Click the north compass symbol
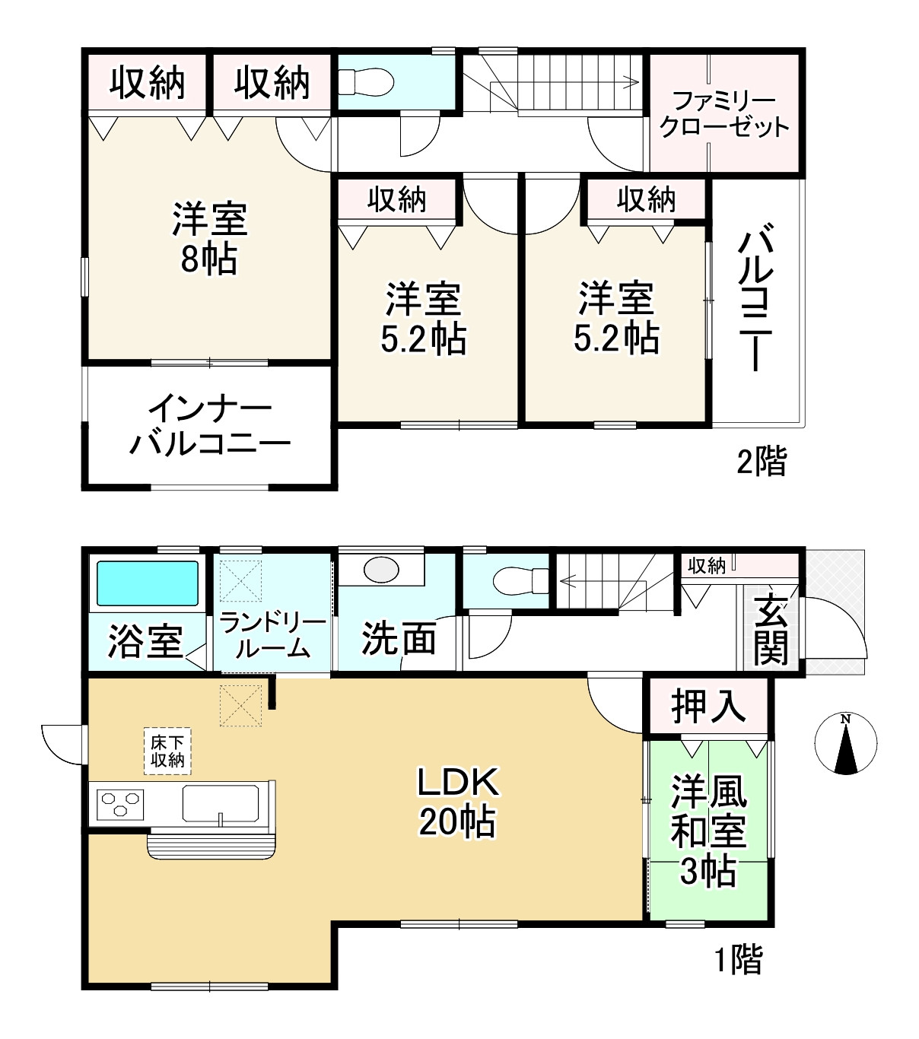845,744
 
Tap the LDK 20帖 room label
457,802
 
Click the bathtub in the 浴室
148,583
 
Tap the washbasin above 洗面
381,570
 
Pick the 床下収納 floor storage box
167,751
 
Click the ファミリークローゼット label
724,114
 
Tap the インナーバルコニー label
210,426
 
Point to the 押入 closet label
708,707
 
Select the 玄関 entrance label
771,628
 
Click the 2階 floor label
761,462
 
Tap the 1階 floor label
737,960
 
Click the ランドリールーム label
272,636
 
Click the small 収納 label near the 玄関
706,565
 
